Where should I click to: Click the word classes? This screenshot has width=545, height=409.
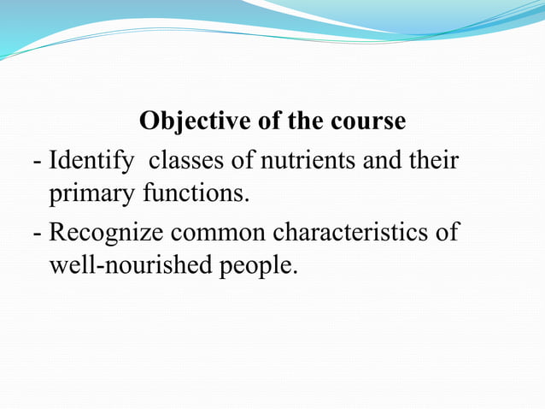[x=186, y=159]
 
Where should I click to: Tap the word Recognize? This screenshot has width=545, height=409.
[x=108, y=232]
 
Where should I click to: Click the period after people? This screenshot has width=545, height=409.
[x=296, y=275]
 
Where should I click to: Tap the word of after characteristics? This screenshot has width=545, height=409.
[x=448, y=232]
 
